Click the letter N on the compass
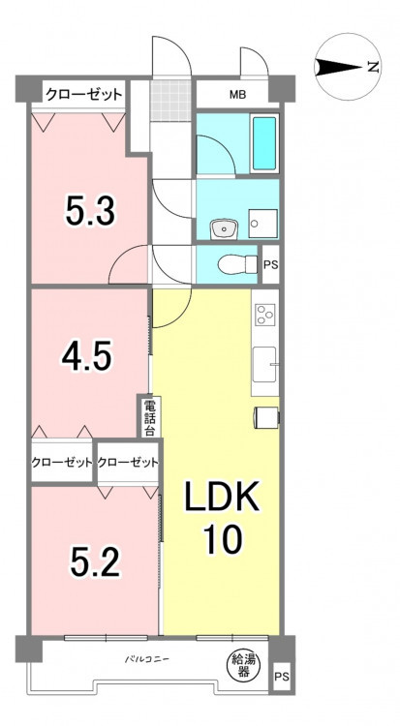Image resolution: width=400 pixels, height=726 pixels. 373,67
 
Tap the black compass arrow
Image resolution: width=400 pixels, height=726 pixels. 339,67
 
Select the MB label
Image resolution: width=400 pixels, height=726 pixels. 238,96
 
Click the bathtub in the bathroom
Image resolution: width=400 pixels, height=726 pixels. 264,143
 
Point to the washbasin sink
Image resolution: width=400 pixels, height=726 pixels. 224,229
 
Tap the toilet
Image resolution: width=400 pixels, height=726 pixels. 237,265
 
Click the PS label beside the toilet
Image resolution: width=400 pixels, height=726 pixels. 270,266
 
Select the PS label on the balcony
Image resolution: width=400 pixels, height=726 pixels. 281,677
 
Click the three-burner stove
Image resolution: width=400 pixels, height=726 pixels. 264,314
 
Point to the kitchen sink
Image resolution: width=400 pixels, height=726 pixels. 264,364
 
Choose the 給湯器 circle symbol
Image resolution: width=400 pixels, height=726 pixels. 240,665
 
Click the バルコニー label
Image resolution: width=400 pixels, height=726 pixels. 146,659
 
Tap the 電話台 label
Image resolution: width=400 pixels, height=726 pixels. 150,417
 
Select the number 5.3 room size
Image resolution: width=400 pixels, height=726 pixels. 90,211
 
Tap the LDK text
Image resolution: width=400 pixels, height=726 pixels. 222,497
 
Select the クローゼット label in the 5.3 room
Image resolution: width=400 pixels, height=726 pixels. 84,95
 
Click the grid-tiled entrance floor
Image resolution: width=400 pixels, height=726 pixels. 170,101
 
